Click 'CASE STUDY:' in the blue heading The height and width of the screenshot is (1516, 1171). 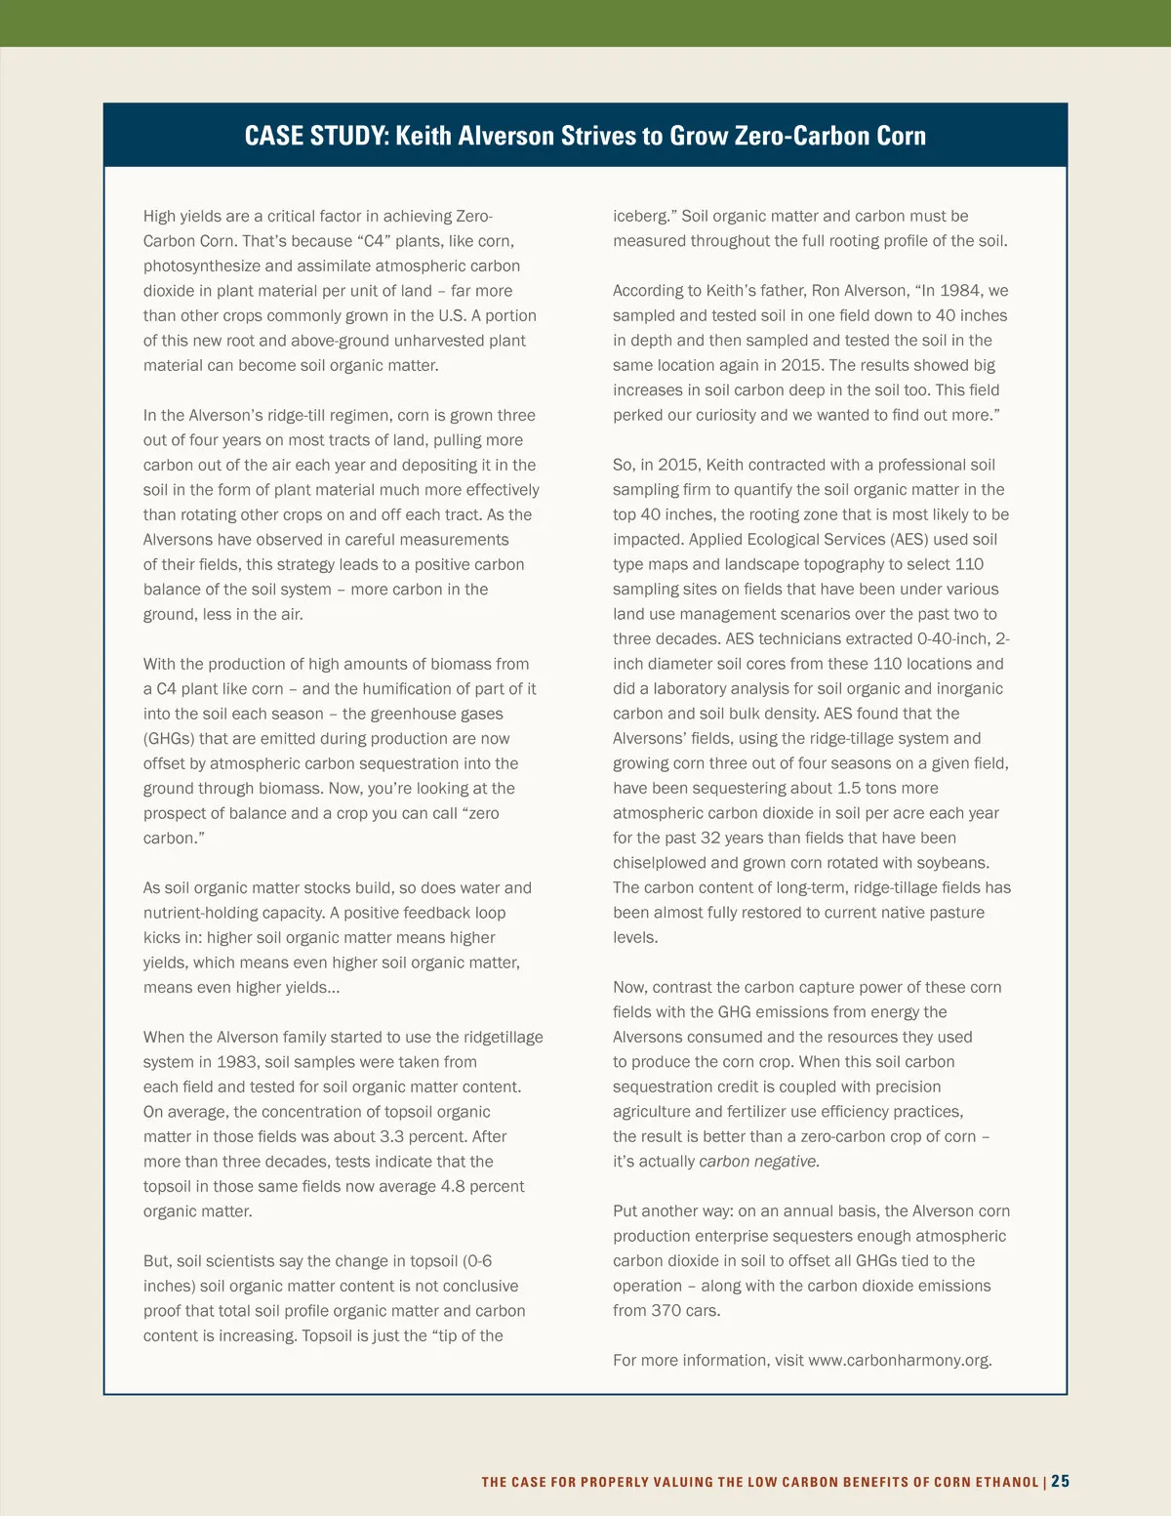(x=315, y=136)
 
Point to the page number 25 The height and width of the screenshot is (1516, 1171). (x=1061, y=1481)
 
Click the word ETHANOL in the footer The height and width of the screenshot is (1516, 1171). (x=1007, y=1482)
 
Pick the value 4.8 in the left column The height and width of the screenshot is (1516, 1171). (x=453, y=1186)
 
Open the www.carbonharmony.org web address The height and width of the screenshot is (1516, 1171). (x=899, y=1360)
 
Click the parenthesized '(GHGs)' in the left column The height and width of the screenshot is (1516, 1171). (x=169, y=739)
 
